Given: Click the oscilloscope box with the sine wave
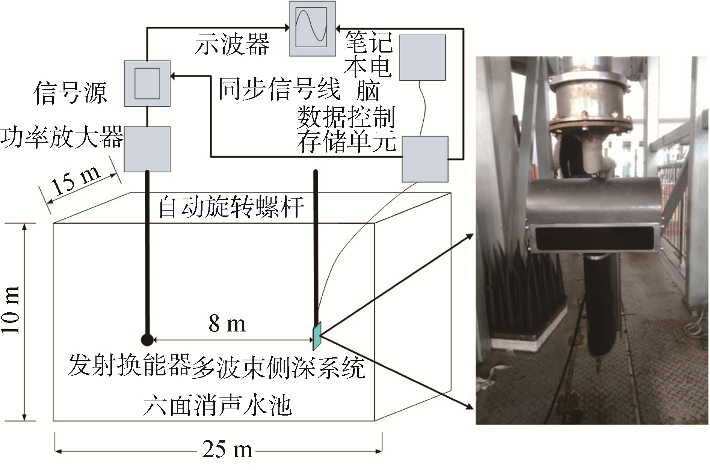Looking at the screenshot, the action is [x=313, y=28].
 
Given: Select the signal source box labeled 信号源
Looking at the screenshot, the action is [x=147, y=83].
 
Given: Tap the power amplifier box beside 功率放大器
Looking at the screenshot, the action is [x=147, y=149].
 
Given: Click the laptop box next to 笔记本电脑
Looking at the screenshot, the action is [x=422, y=57].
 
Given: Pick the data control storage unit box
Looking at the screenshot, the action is [x=425, y=159].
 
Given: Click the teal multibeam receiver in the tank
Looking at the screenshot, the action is [x=316, y=334].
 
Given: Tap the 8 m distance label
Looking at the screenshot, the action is [x=227, y=323].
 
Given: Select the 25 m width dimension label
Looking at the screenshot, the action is [x=227, y=449].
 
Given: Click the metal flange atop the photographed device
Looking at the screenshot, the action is [x=588, y=126].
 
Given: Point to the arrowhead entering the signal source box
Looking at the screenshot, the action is [x=174, y=76].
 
